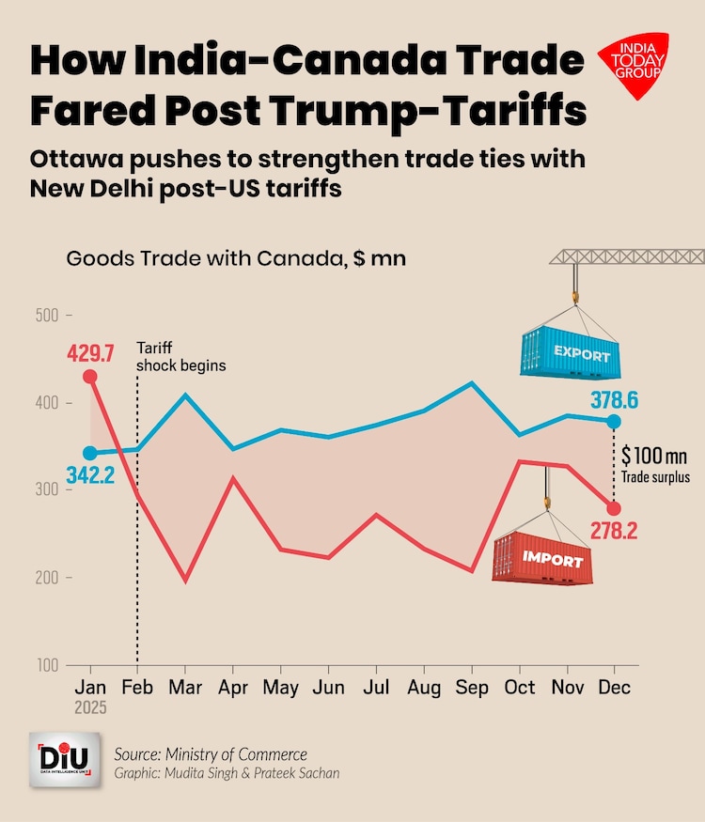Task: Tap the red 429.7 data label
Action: pyautogui.click(x=90, y=354)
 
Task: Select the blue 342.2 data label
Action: pyautogui.click(x=90, y=475)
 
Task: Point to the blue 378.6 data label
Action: pyautogui.click(x=614, y=400)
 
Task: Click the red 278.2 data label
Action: pyautogui.click(x=614, y=531)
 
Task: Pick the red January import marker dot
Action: pyautogui.click(x=90, y=377)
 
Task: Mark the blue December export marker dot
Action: pyautogui.click(x=614, y=421)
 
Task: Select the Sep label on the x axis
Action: pyautogui.click(x=472, y=689)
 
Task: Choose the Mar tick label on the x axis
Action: pyautogui.click(x=185, y=689)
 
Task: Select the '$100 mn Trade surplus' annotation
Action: pyautogui.click(x=655, y=464)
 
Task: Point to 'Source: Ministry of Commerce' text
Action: pyautogui.click(x=210, y=754)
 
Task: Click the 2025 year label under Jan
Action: pyautogui.click(x=90, y=709)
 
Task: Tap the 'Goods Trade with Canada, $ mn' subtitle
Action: pyautogui.click(x=236, y=258)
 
